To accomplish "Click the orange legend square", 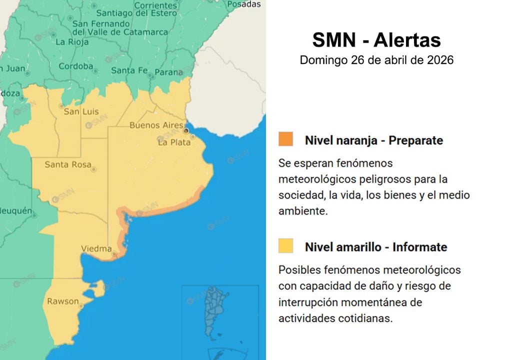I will tap(286, 139).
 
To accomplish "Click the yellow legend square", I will tap(286, 245).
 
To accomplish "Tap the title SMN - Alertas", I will tap(376, 40).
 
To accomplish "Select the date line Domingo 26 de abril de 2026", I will tap(376, 60).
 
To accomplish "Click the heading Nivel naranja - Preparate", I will tap(374, 140).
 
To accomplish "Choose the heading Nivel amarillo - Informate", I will tap(376, 247).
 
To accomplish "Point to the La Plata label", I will tap(174, 142).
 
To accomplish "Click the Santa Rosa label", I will tap(68, 164).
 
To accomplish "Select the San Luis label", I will tap(81, 111).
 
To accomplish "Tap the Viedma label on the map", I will tap(96, 248).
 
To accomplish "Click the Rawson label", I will tap(63, 301).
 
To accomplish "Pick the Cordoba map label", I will tap(76, 66).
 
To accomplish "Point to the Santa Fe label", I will tap(129, 70).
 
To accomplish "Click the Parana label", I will tap(168, 72).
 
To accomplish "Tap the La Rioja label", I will tap(72, 42).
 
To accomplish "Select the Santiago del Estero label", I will tap(136, 13).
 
